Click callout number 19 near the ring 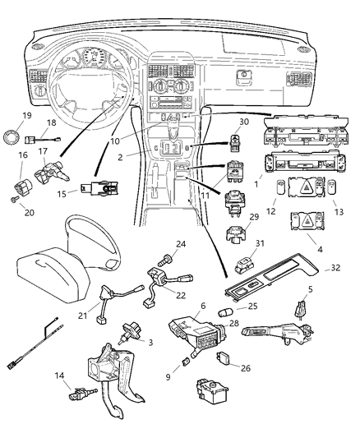tap(26, 116)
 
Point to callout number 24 tap(181, 243)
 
